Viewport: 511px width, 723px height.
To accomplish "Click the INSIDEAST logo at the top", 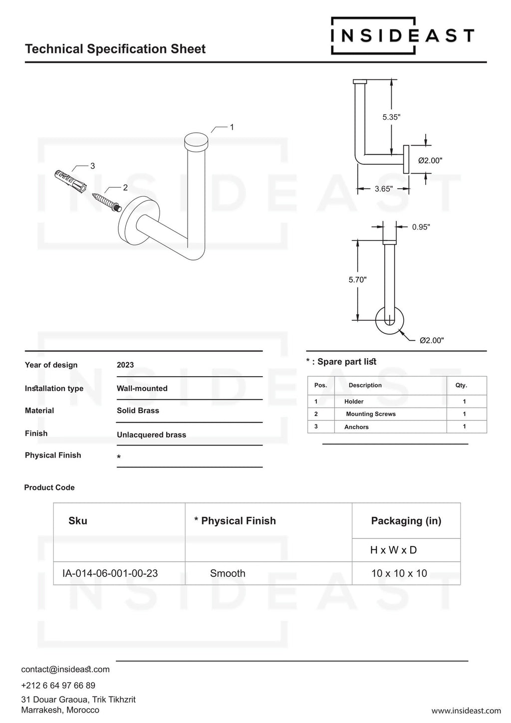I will click(x=402, y=36).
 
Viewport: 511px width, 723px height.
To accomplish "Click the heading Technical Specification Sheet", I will click(x=115, y=49).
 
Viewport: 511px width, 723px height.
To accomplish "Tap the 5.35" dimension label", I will click(x=391, y=117).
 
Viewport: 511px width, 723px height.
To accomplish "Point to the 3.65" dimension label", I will click(x=383, y=189).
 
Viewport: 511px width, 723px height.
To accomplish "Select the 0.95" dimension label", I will click(x=421, y=227).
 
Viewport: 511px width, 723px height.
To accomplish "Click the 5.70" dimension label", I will click(x=357, y=280).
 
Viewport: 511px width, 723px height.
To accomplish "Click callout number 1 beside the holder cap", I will click(x=232, y=127).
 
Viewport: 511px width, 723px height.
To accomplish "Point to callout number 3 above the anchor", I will click(x=92, y=166).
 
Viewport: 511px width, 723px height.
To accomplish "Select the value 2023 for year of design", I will click(x=125, y=365).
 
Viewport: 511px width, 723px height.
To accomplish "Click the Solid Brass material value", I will click(x=138, y=411).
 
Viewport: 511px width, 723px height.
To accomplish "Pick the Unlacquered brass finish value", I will click(x=151, y=435).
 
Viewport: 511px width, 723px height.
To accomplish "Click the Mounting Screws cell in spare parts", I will click(x=371, y=414).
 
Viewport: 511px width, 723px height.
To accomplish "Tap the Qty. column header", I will click(x=461, y=385).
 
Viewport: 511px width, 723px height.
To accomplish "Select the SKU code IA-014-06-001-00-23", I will click(x=110, y=573).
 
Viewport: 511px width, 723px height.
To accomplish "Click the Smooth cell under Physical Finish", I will click(x=228, y=573).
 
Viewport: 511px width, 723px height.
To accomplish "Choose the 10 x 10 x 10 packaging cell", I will click(x=399, y=573).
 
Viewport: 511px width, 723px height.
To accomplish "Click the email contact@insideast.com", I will click(x=65, y=669).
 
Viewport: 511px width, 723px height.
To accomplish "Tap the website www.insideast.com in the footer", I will click(x=466, y=711).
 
